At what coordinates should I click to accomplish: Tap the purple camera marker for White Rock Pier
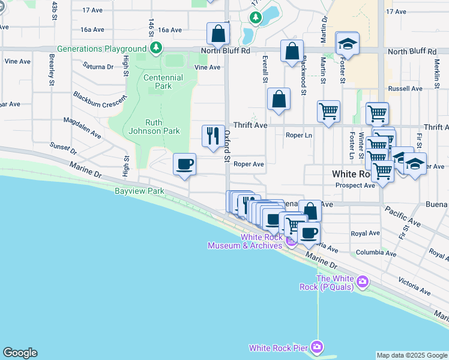pyautogui.click(x=317, y=347)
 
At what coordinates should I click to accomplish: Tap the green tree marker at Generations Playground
pyautogui.click(x=156, y=47)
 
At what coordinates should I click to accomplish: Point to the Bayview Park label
pyautogui.click(x=139, y=191)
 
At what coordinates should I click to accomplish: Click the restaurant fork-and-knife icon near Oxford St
pyautogui.click(x=212, y=136)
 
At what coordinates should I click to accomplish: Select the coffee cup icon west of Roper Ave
pyautogui.click(x=185, y=164)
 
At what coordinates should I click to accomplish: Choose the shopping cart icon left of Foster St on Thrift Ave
pyautogui.click(x=328, y=111)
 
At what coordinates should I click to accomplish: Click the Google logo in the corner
pyautogui.click(x=20, y=353)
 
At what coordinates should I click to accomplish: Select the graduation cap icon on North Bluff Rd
pyautogui.click(x=347, y=44)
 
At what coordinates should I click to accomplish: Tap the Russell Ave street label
pyautogui.click(x=405, y=89)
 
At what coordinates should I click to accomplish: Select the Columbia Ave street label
pyautogui.click(x=376, y=254)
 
